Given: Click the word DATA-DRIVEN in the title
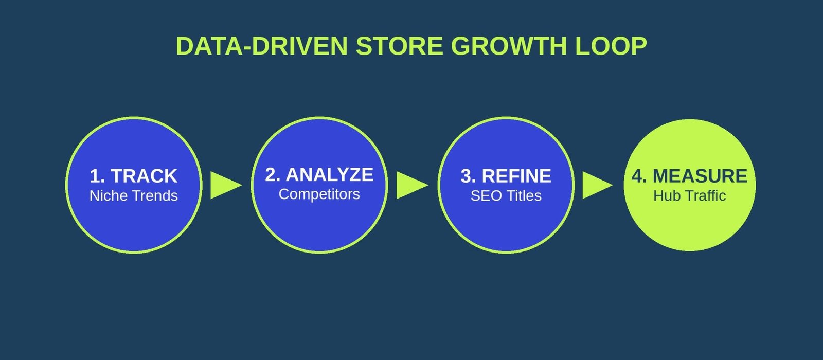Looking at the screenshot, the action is coord(262,46).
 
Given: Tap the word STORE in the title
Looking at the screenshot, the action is coord(399,46).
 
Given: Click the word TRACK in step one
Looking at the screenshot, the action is coord(144,176).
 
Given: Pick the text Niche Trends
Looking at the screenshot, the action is coord(134,196).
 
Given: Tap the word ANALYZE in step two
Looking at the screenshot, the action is coord(330,174).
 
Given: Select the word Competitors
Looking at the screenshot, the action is coord(319,194).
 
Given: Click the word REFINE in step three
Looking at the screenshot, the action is coord(516,176).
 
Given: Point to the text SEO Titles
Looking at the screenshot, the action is coord(506,196).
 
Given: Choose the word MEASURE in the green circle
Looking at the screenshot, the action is coord(700,176).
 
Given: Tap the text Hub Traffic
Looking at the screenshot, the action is coord(689,196).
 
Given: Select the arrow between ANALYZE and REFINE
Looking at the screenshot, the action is coord(412,185).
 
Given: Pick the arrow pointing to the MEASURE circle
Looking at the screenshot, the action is coord(597,185).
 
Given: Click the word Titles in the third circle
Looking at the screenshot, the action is coord(525,196).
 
